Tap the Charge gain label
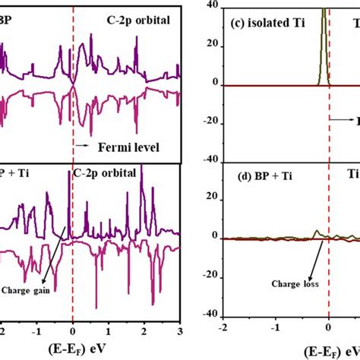click(x=25, y=289)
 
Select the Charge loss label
click(x=283, y=286)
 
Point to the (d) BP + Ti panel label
click(x=253, y=178)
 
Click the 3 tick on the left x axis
click(x=179, y=332)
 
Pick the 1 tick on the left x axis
click(x=108, y=332)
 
